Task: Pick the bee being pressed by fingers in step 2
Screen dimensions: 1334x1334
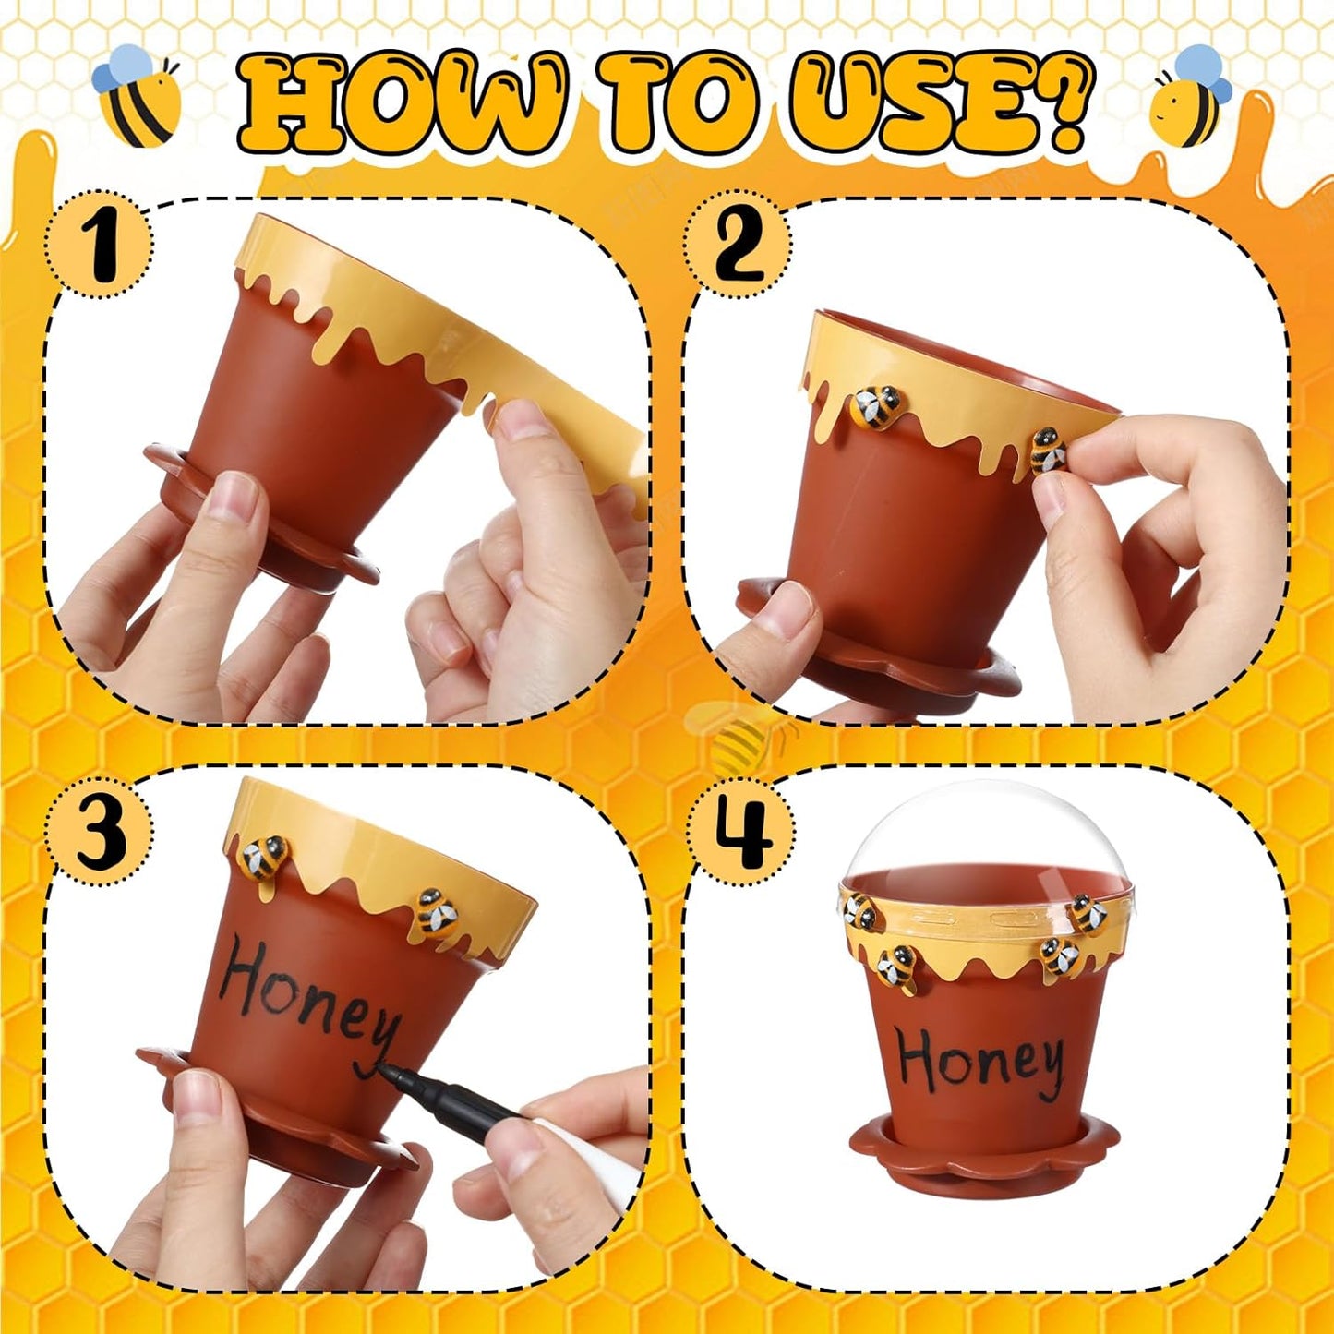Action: click(x=1049, y=451)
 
